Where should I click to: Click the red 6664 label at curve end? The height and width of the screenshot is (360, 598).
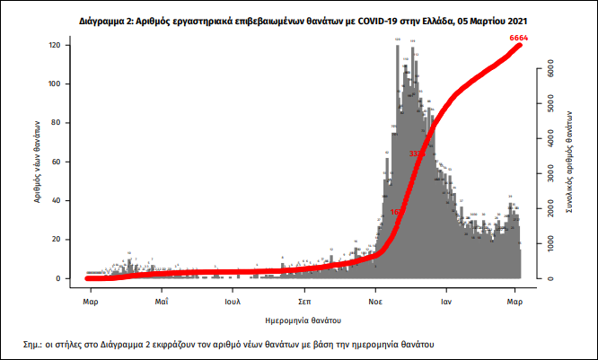tap(518, 39)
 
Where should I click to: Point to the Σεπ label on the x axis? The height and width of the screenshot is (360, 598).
tap(305, 303)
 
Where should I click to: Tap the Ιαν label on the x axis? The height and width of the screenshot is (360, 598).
tap(445, 303)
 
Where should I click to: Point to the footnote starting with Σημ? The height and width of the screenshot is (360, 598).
tap(229, 344)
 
